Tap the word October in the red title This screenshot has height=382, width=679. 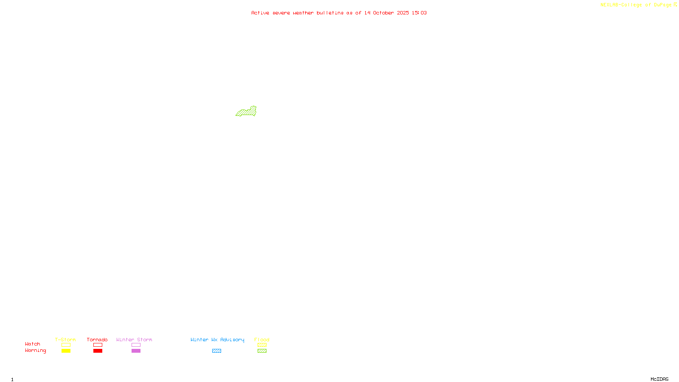pyautogui.click(x=383, y=13)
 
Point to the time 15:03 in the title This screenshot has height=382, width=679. pyautogui.click(x=419, y=13)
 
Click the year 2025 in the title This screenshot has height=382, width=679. pyautogui.click(x=403, y=13)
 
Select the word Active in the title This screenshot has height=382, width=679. pyautogui.click(x=260, y=13)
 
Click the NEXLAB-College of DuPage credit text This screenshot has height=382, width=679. pyautogui.click(x=636, y=5)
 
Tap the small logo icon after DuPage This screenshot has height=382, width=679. pyautogui.click(x=675, y=5)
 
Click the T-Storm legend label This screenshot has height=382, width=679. pyautogui.click(x=65, y=340)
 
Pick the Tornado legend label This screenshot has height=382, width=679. pyautogui.click(x=97, y=340)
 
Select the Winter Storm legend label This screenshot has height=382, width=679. pyautogui.click(x=134, y=340)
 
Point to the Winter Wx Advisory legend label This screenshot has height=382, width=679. pyautogui.click(x=217, y=340)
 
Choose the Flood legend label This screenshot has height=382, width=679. pyautogui.click(x=262, y=340)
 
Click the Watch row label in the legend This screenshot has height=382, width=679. pyautogui.click(x=33, y=344)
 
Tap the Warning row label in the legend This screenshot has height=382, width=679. pyautogui.click(x=36, y=351)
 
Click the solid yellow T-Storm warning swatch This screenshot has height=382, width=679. pyautogui.click(x=66, y=351)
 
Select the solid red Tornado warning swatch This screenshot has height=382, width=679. pyautogui.click(x=98, y=351)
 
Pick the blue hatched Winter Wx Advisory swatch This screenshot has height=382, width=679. pyautogui.click(x=216, y=351)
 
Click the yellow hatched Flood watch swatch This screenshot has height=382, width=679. pyautogui.click(x=262, y=345)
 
